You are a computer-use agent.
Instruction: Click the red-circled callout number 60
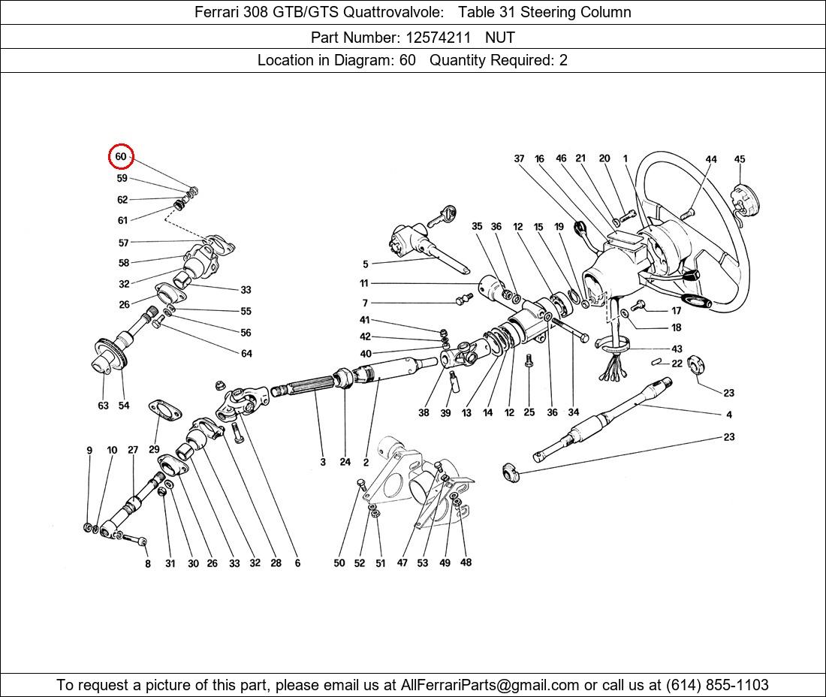121,157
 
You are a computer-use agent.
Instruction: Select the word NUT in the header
499,36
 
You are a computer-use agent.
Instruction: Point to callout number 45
740,159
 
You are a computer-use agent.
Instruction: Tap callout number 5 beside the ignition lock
366,264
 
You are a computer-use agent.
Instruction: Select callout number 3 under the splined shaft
323,462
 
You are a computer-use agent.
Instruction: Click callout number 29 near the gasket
154,449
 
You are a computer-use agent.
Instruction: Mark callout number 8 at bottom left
148,563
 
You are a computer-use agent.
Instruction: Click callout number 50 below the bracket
339,563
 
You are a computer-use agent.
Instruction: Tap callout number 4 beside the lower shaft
728,415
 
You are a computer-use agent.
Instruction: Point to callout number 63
103,406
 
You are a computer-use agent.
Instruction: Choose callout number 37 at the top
519,159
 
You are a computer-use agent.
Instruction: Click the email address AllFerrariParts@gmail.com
490,685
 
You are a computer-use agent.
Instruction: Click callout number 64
246,354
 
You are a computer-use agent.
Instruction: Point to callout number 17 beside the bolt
676,310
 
